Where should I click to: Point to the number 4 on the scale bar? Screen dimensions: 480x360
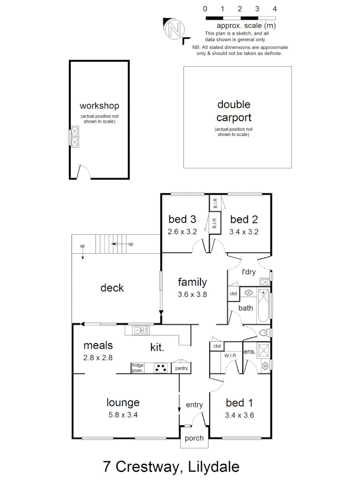pos(275,8)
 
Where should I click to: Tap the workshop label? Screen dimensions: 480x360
pos(99,106)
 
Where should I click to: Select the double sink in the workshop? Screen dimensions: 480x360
pos(75,136)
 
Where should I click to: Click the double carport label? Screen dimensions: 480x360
pos(234,111)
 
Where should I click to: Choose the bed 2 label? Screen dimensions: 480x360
pos(244,219)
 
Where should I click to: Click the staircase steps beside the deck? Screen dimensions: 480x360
pos(109,244)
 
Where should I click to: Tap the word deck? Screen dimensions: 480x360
pos(112,288)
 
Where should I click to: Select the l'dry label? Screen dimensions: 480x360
pos(248,272)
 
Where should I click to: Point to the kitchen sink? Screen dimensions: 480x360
pos(142,330)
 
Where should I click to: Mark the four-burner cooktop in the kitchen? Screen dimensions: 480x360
pos(160,368)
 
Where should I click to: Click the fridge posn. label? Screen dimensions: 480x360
pos(137,368)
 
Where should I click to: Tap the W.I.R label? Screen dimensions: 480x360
pos(230,356)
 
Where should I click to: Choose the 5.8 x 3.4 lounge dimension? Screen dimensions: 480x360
pos(123,415)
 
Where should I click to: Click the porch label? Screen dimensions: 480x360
pos(194,438)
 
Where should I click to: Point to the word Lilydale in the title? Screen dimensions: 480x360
pos(214,467)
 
